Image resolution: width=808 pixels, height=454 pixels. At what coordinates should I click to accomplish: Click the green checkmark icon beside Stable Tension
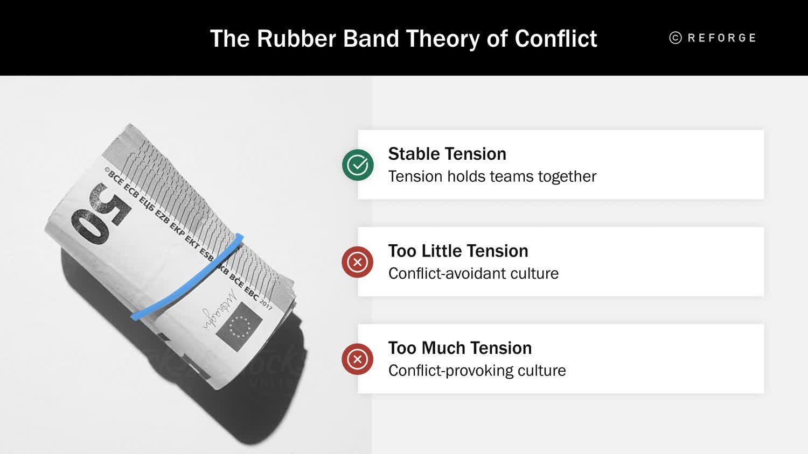[358, 165]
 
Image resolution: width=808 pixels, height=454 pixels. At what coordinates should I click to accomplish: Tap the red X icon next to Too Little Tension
[357, 262]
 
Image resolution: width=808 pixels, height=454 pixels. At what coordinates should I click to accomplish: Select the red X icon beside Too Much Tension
[357, 359]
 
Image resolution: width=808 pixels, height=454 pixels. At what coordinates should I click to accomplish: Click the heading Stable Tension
[447, 154]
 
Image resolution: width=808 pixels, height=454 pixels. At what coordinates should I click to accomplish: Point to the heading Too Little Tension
[458, 251]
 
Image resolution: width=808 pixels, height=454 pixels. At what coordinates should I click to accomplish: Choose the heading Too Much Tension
[459, 348]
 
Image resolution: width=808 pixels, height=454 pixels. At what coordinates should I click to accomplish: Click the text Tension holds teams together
[492, 176]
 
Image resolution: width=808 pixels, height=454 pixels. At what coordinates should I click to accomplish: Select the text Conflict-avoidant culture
[473, 273]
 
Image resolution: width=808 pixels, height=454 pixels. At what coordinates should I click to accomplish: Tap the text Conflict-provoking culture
[477, 371]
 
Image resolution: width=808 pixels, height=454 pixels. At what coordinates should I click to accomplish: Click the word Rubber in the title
[296, 39]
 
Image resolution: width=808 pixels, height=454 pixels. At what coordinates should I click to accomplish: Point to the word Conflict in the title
[555, 39]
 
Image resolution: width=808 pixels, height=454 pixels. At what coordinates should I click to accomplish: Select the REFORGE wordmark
[722, 38]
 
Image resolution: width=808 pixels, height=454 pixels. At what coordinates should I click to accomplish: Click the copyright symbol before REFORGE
[675, 38]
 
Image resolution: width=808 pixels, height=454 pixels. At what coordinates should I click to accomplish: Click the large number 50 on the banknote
[101, 214]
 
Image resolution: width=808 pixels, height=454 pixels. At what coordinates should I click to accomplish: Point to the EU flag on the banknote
[239, 327]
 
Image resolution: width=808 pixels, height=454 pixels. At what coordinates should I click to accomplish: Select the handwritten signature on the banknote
[220, 309]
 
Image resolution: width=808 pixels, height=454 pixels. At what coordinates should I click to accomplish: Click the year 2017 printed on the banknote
[266, 304]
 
